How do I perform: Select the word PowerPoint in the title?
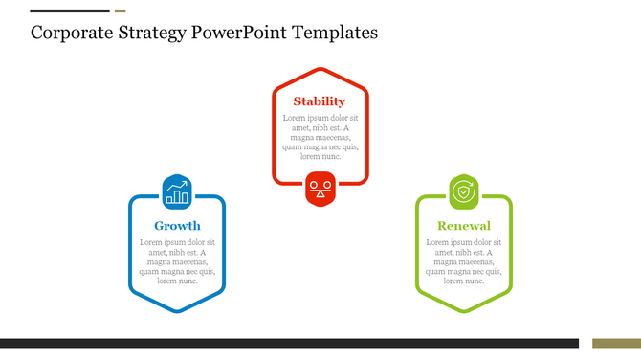tap(241, 33)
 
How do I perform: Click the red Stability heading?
tap(320, 101)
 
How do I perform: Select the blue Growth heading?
tap(177, 227)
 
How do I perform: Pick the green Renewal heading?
tap(464, 227)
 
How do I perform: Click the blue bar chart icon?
tap(177, 192)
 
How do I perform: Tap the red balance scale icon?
tap(320, 188)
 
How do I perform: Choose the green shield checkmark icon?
tap(464, 192)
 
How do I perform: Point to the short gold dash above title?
tap(120, 11)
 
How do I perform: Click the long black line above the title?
tap(70, 11)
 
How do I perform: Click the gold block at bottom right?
tap(615, 343)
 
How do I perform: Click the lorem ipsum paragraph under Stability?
tap(320, 137)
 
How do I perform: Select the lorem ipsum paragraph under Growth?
tap(177, 261)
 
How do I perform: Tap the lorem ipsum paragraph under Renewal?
tap(464, 261)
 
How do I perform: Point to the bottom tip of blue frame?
tap(177, 311)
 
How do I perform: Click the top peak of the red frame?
tap(320, 70)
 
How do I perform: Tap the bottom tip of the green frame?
tap(464, 311)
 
